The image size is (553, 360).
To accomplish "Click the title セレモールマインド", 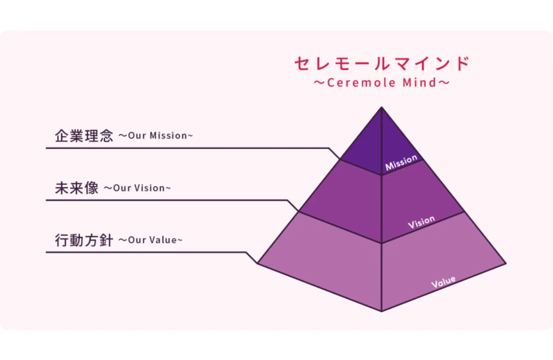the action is tap(382, 63).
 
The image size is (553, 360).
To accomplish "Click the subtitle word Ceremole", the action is tap(361, 83).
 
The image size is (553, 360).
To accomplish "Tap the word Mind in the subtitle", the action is tap(419, 83).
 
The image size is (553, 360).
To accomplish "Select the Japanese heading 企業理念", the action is tap(84, 136).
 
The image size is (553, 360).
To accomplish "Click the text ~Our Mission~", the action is tap(156, 136).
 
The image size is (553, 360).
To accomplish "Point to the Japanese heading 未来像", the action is tap(77, 188).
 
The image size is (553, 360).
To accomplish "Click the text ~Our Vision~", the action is tap(137, 188).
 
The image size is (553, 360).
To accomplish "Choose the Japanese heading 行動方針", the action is tap(84, 240).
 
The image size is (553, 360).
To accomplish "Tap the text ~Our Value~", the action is tap(150, 240).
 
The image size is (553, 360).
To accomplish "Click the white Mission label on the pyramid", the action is tap(401, 162).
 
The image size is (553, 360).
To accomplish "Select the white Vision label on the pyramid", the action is tap(421, 222).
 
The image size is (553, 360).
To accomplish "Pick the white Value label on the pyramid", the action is tap(443, 282).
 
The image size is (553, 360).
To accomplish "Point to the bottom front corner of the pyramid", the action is tap(382, 311).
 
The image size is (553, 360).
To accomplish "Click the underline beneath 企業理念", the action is tap(188, 148).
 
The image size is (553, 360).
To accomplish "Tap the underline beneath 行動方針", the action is tap(146, 252).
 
